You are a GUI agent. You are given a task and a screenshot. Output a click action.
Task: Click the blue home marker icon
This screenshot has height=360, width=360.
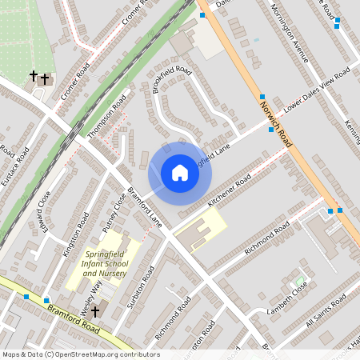(x=180, y=173)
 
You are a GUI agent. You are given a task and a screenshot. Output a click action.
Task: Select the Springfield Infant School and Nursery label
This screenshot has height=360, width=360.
(x=106, y=264)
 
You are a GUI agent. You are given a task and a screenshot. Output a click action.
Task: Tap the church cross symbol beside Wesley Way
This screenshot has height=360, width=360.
(x=95, y=310)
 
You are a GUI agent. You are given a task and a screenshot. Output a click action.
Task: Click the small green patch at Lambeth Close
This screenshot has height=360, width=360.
(x=299, y=282)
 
